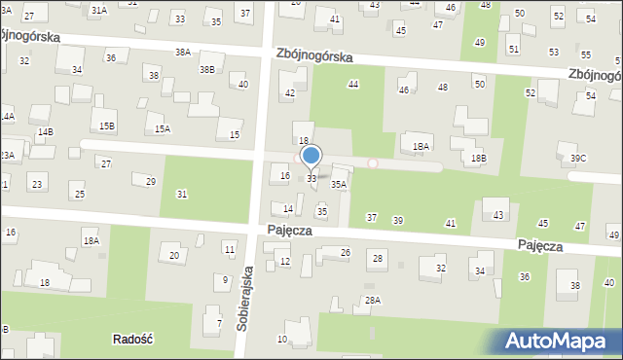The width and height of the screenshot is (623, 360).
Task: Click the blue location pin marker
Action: (311, 156)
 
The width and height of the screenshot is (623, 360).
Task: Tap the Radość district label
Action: (135, 339)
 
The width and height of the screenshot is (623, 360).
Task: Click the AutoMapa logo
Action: (561, 341)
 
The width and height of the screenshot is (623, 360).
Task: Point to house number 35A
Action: (339, 184)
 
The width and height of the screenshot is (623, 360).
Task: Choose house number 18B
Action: (478, 158)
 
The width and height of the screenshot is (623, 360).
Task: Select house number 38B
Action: (207, 70)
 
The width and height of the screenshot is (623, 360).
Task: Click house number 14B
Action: (46, 131)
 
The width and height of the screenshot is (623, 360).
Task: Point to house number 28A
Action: (372, 301)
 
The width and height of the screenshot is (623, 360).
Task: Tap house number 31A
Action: (98, 10)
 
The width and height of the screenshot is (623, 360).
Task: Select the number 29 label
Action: (150, 182)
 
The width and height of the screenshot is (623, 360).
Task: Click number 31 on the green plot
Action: (182, 195)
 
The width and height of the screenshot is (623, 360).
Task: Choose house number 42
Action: (289, 93)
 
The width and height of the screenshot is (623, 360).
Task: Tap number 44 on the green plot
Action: (353, 85)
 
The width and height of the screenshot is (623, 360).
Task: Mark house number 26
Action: (345, 253)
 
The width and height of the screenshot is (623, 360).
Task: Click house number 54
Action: (591, 96)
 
